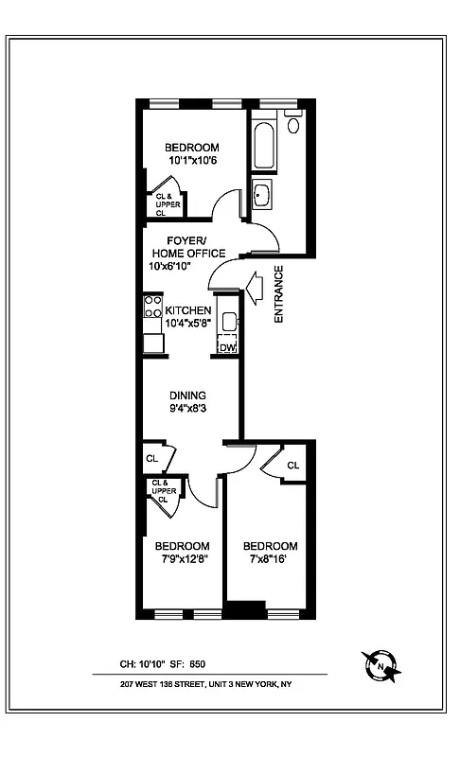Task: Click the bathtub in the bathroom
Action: [x=263, y=143]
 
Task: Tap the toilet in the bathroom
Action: [x=292, y=124]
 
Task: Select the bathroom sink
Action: [x=262, y=196]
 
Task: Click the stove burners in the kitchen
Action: [x=151, y=307]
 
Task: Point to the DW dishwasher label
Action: [x=226, y=347]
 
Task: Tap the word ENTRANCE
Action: [x=279, y=294]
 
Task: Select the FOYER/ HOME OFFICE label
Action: [x=187, y=247]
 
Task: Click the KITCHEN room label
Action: [x=188, y=310]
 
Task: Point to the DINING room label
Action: [x=187, y=396]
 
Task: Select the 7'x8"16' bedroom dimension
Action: [x=271, y=559]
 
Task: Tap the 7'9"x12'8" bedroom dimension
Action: [x=182, y=559]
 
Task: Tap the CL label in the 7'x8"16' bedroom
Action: [x=292, y=466]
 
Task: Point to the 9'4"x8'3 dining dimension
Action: [x=187, y=409]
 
